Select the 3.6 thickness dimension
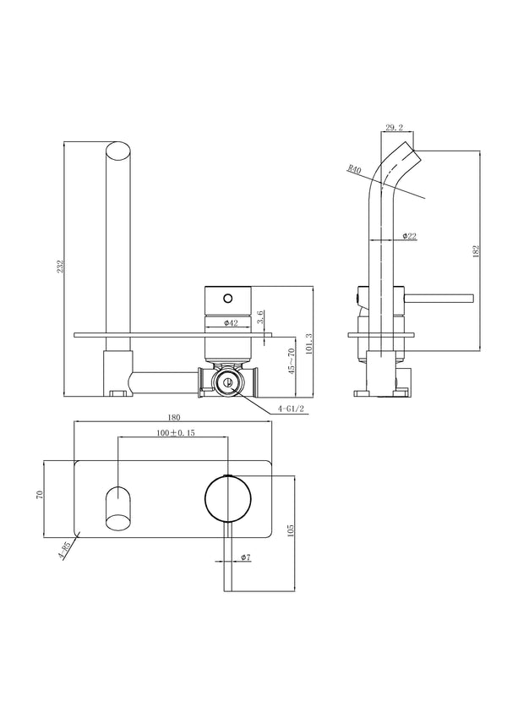click(x=263, y=317)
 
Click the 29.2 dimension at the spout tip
click(x=394, y=129)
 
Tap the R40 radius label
click(x=354, y=171)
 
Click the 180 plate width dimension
click(x=175, y=415)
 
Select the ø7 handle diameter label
click(x=244, y=558)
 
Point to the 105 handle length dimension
click(x=292, y=530)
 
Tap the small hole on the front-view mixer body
click(x=227, y=299)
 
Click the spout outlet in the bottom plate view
click(x=118, y=507)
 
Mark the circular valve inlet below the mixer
click(x=226, y=382)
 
